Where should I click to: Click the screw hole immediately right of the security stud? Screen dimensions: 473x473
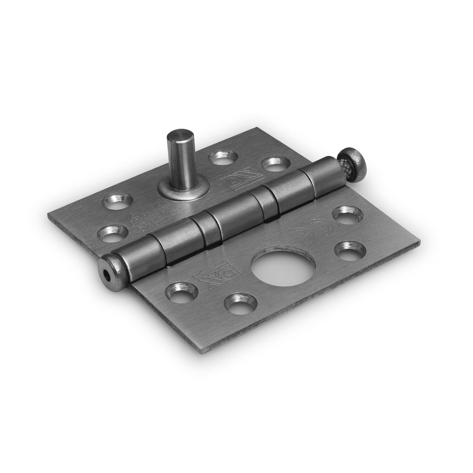tap(225, 157)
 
